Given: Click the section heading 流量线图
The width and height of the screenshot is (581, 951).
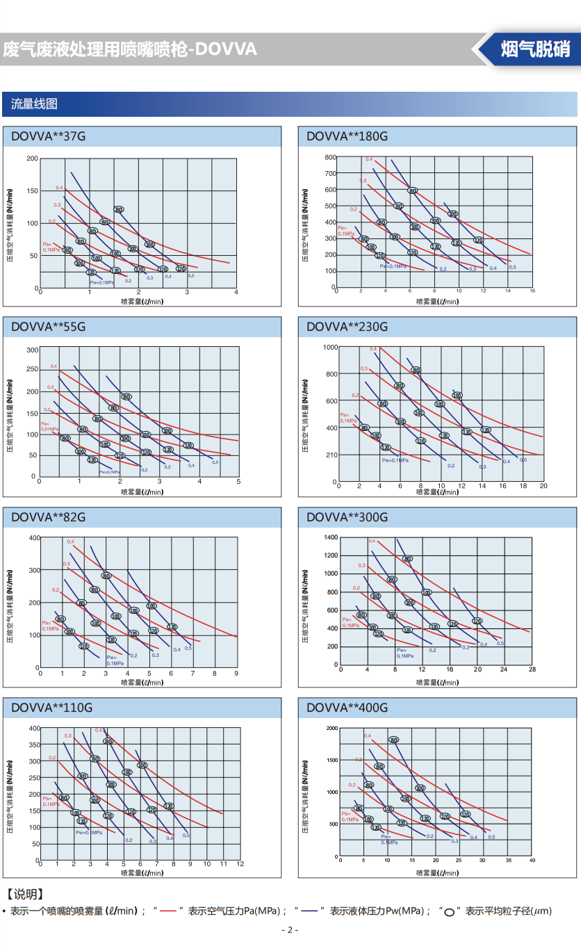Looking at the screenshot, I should pos(34,104).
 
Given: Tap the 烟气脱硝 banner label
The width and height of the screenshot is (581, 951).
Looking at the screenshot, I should pos(535,49).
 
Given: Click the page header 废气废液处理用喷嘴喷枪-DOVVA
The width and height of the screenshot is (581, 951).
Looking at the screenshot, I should pos(130,49).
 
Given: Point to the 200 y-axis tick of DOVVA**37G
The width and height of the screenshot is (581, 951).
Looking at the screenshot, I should pos(32,158).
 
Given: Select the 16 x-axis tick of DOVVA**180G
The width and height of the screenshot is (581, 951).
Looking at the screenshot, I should pos(532,290).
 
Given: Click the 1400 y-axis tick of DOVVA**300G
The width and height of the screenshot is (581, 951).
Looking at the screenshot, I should pos(330,537).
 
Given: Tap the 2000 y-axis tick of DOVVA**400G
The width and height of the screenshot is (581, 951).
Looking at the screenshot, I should pos(332,728).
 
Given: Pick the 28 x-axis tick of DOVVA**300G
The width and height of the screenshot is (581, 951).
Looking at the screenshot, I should pos(532,670).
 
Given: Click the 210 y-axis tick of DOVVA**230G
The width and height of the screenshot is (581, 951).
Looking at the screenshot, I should pos(332,455).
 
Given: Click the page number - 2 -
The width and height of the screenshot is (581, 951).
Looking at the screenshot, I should pos(290,930).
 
